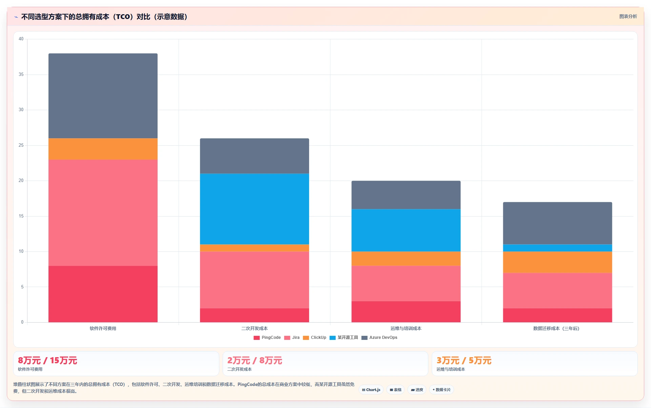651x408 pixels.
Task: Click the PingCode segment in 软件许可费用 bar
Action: click(x=103, y=294)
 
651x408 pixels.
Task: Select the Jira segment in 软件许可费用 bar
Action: click(x=103, y=212)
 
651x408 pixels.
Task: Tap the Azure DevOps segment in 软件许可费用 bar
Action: click(x=103, y=96)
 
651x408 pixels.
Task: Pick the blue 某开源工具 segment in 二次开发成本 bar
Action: click(x=254, y=209)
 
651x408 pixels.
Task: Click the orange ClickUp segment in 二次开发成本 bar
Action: click(x=254, y=248)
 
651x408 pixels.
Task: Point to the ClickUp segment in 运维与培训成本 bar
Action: click(x=406, y=259)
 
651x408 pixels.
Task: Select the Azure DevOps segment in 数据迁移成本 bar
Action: click(x=557, y=223)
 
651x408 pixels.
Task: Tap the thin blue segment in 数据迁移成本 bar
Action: click(x=557, y=248)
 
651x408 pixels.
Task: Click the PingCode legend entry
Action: click(x=267, y=338)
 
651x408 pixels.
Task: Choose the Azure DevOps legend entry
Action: click(x=379, y=338)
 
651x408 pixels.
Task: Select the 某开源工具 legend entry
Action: click(x=344, y=338)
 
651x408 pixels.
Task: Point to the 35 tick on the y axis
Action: click(x=21, y=75)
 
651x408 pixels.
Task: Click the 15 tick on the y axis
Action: click(x=21, y=216)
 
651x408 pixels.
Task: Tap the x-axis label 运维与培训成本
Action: click(x=406, y=328)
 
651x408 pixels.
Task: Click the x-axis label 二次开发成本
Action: click(x=254, y=328)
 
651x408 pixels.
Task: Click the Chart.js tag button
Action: click(x=371, y=390)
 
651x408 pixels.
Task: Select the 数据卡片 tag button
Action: click(x=441, y=390)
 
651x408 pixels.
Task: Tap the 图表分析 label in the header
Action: click(x=628, y=16)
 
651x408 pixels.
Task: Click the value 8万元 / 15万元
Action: click(x=47, y=361)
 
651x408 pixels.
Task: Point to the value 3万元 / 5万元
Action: click(x=464, y=361)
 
